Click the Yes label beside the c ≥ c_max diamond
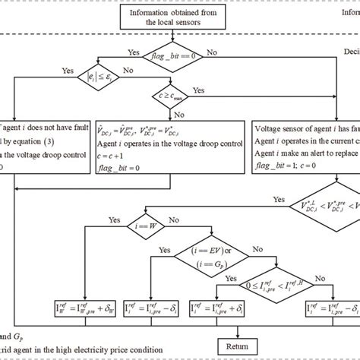pos(199,90)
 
